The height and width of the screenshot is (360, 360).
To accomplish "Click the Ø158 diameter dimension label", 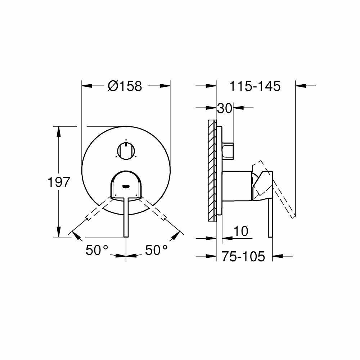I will [125, 86].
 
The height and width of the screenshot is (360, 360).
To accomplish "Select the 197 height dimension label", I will [59, 182].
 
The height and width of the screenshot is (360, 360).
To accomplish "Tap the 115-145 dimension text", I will [255, 86].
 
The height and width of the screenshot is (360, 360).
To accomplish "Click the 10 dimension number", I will [240, 231].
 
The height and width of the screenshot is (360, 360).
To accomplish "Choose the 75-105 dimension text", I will [243, 256].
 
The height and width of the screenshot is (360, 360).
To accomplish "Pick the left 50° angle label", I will [97, 250].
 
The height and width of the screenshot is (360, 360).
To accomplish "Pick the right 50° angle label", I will [156, 250].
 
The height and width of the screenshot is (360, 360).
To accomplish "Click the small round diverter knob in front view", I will [125, 150].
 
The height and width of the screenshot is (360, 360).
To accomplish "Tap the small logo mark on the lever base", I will [126, 186].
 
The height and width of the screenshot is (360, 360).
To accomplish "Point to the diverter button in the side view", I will [228, 150].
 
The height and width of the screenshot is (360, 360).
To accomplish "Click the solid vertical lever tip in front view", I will [126, 234].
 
